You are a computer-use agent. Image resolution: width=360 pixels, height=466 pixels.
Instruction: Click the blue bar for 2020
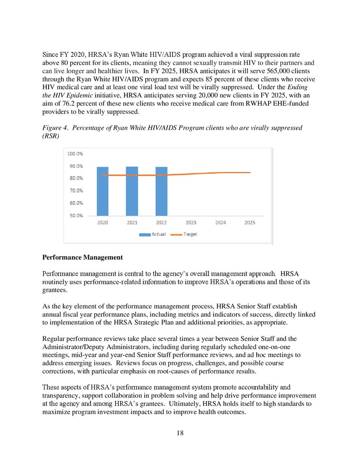click(102, 191)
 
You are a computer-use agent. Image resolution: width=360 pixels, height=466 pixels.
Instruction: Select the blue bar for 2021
click(132, 191)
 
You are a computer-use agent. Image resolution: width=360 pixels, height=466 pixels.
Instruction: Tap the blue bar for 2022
click(162, 191)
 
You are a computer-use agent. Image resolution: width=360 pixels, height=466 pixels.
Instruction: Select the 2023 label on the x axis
click(191, 223)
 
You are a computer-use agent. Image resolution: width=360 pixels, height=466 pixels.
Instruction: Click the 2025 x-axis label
click(249, 223)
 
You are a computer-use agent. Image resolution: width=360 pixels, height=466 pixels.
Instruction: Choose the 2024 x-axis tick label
click(220, 223)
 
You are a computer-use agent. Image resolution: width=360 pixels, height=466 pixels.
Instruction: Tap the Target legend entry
click(185, 234)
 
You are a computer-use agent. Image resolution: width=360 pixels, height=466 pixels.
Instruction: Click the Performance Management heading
click(82, 258)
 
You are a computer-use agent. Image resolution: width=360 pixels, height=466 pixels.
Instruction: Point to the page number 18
click(180, 432)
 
